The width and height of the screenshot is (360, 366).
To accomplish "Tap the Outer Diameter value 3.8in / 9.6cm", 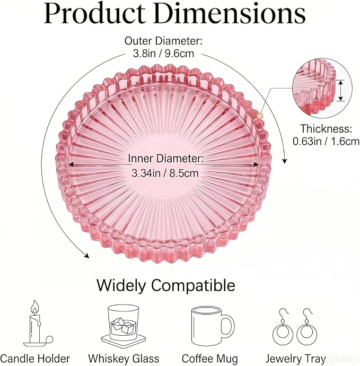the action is (163, 54).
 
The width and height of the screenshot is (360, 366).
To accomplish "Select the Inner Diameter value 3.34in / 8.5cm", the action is (165, 173).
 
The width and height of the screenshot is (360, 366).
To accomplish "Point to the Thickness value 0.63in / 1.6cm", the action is (326, 141).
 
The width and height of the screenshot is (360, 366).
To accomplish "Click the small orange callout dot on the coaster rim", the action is (260, 116).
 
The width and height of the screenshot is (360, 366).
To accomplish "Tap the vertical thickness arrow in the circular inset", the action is (341, 91).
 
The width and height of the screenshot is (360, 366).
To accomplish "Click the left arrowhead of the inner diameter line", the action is (72, 164).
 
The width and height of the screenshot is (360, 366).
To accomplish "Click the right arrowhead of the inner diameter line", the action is (256, 164).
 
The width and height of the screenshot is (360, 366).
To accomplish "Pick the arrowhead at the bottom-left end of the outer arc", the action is (87, 256).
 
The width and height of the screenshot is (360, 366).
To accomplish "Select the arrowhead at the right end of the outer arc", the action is (284, 161).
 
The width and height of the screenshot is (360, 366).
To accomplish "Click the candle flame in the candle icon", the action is (35, 308).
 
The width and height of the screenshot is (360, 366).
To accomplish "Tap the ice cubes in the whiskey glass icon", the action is (123, 325).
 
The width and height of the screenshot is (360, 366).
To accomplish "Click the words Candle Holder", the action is (35, 359).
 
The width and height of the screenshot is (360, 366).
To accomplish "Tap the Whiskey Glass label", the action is (124, 359).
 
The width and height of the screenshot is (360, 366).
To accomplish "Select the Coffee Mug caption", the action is (210, 359).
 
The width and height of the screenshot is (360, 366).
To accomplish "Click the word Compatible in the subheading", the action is (193, 285).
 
